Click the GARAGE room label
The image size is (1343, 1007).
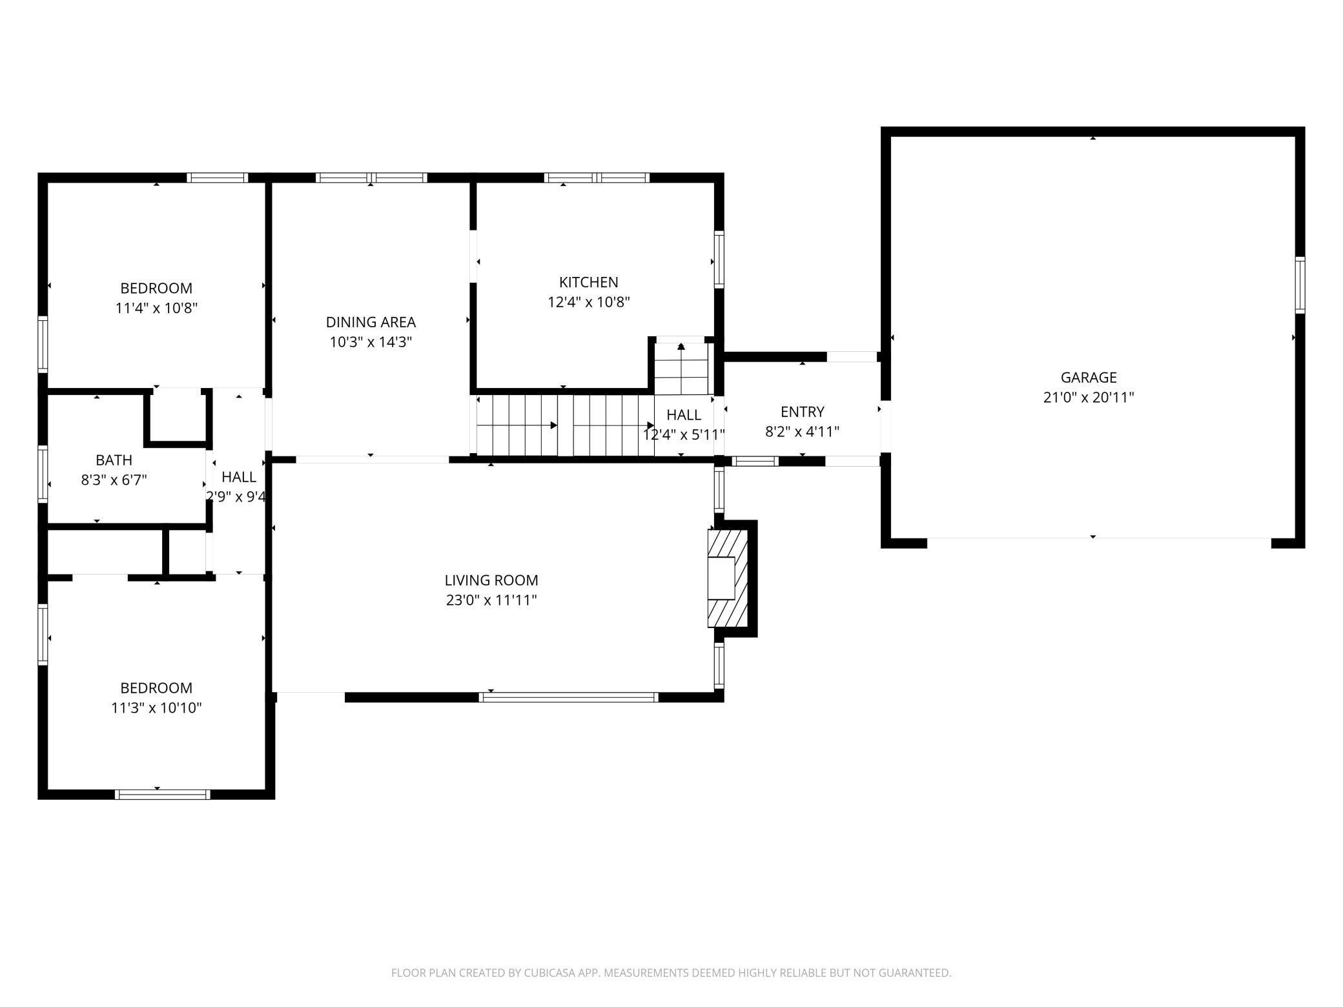pyautogui.click(x=1088, y=377)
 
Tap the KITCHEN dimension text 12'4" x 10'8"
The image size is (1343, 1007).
pyautogui.click(x=588, y=302)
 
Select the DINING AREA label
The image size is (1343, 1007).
pyautogui.click(x=371, y=322)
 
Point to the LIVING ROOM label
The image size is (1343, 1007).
pyautogui.click(x=491, y=580)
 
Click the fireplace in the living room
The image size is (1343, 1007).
pyautogui.click(x=727, y=578)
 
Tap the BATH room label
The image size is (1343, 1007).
pyautogui.click(x=114, y=460)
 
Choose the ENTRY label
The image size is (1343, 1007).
pyautogui.click(x=802, y=412)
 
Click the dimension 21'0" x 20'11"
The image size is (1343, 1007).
pyautogui.click(x=1088, y=398)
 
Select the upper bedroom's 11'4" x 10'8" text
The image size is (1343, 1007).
pyautogui.click(x=156, y=308)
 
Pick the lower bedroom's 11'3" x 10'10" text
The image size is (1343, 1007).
pyautogui.click(x=156, y=708)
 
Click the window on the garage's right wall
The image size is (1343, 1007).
pyautogui.click(x=1300, y=285)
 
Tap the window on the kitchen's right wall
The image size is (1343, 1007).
pyautogui.click(x=719, y=259)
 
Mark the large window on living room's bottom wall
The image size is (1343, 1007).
pyautogui.click(x=568, y=697)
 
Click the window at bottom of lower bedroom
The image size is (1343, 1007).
pyautogui.click(x=162, y=794)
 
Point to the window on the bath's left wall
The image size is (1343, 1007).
pyautogui.click(x=43, y=473)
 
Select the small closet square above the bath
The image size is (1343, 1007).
pyautogui.click(x=177, y=416)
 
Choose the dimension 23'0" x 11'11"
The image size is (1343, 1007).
pyautogui.click(x=491, y=600)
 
